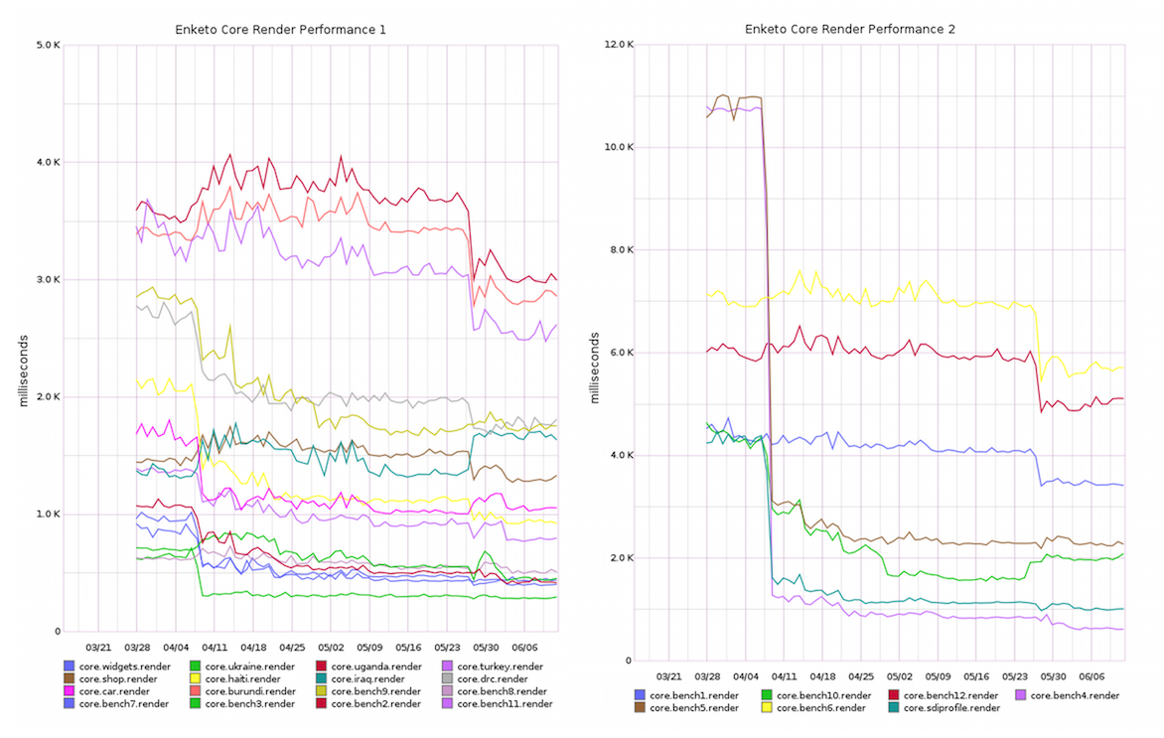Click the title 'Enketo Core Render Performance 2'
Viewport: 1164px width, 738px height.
[850, 30]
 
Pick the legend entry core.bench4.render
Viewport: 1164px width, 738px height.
[1075, 695]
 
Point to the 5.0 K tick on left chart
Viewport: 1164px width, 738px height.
[48, 45]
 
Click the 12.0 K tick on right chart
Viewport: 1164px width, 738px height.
[618, 45]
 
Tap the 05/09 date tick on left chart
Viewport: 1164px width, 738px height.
[369, 644]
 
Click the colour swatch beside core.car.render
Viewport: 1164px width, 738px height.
[69, 691]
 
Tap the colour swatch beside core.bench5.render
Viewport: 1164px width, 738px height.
[640, 708]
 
